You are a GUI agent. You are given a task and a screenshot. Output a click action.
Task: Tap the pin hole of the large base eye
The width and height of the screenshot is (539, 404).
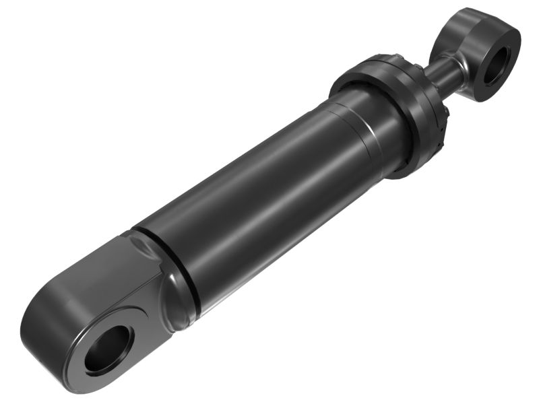coord(108,349)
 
